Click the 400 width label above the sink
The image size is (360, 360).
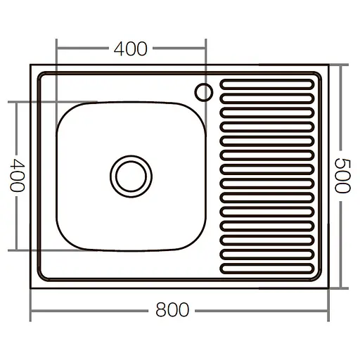click(131, 49)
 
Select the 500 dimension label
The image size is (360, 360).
click(342, 176)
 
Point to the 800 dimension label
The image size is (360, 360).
click(173, 309)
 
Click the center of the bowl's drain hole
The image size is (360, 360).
click(130, 174)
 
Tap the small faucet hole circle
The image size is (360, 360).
click(205, 91)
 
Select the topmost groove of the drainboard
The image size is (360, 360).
click(266, 84)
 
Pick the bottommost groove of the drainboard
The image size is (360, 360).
click(266, 267)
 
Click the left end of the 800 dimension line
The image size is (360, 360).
click(31, 309)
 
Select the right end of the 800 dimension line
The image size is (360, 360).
click(330, 309)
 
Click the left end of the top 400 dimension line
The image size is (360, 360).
click(56, 49)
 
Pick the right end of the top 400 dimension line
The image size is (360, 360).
click(205, 49)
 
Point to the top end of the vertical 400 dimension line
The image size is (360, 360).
click(16, 102)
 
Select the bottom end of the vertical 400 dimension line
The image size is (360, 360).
click(16, 250)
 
